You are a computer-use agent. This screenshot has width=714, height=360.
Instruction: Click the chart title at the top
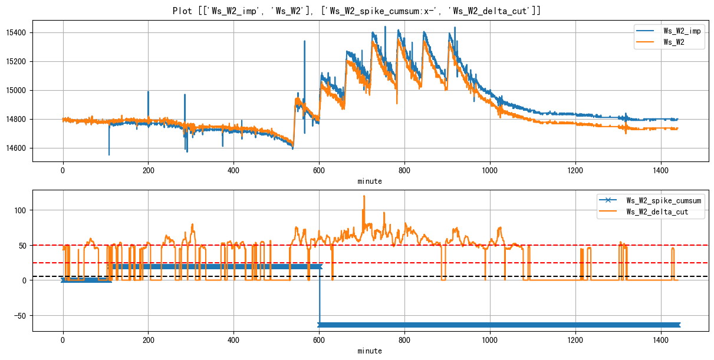[357, 11]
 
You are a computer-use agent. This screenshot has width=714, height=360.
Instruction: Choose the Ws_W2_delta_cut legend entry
[663, 213]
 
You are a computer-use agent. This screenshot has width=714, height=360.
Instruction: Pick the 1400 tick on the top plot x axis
[660, 170]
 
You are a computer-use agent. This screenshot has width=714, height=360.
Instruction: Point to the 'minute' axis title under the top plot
[370, 181]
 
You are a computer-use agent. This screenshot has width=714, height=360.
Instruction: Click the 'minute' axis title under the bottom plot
[370, 351]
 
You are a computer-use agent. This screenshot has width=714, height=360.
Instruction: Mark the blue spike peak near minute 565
[304, 42]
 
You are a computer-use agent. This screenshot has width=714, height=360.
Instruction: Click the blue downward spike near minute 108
[109, 154]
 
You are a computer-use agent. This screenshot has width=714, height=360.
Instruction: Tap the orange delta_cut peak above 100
[364, 197]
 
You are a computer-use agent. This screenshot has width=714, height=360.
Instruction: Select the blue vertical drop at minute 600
[320, 295]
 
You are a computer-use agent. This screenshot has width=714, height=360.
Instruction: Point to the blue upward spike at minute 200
[148, 93]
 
